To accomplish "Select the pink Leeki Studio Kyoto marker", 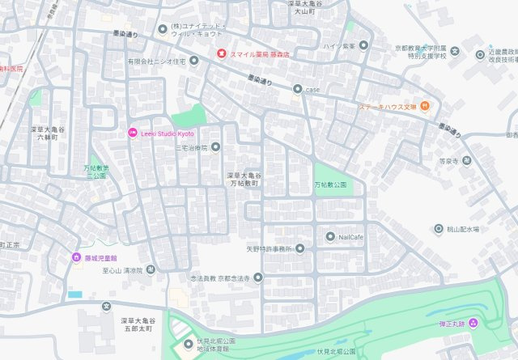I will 134,133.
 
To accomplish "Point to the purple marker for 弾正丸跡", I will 473,324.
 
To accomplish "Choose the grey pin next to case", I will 298,89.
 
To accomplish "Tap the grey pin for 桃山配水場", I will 439,229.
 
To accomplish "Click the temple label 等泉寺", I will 449,161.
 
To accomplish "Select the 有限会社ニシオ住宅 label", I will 156,61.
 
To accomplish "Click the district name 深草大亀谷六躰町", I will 47,134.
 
